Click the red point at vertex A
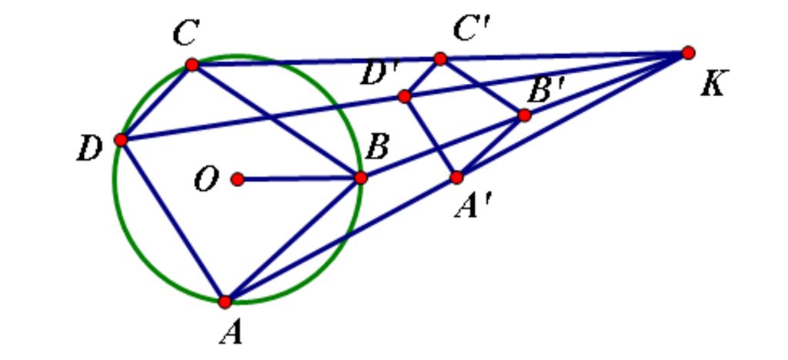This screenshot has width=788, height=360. coord(225,302)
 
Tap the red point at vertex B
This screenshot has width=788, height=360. coord(360,178)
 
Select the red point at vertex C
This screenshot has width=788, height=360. coord(192,65)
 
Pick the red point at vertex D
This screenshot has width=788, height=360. coord(121,139)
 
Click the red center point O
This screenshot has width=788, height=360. coord(238,179)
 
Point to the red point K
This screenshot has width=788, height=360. coord(688,53)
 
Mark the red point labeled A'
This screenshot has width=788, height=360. coord(456,177)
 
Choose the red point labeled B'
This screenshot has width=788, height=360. coord(524,115)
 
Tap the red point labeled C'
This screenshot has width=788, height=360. coord(439,58)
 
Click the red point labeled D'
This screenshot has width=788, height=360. coord(405,96)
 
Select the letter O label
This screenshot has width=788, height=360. coord(206,180)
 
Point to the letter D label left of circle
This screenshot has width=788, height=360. coord(89,150)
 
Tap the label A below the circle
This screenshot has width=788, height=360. coord(231,333)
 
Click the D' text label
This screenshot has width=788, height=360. coord(379,75)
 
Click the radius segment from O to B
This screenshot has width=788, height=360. coord(299,178)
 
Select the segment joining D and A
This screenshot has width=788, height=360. coord(173,221)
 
